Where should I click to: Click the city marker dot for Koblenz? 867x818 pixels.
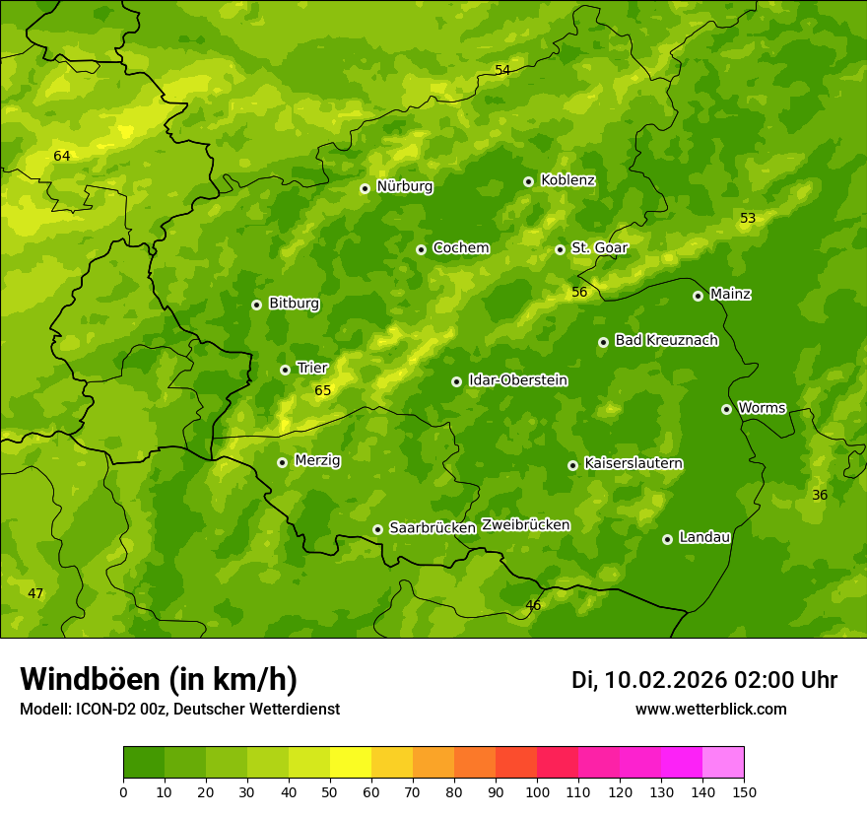click(529, 181)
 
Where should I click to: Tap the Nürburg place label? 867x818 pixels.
click(404, 186)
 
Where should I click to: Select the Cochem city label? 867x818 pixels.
click(460, 248)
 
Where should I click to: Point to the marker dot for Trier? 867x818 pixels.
click(286, 370)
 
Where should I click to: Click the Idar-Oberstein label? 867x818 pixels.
click(517, 380)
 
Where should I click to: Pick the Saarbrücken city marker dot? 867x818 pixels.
click(377, 529)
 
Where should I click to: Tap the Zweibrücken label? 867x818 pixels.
click(525, 525)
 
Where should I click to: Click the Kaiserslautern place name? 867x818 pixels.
click(634, 464)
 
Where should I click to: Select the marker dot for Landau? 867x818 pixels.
click(668, 539)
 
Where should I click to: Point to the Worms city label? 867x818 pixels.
click(762, 408)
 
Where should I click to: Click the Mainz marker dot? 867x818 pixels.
click(699, 296)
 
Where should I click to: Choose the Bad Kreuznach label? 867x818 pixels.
click(666, 341)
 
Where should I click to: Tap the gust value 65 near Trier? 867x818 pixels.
click(323, 391)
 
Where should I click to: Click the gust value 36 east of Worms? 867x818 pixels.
click(820, 495)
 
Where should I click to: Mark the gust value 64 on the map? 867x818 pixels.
click(62, 156)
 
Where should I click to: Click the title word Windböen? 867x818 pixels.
click(89, 679)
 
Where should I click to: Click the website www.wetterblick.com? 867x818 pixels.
click(710, 710)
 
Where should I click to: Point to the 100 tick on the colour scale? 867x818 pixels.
click(537, 791)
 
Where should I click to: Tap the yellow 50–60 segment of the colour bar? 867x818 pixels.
click(351, 763)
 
